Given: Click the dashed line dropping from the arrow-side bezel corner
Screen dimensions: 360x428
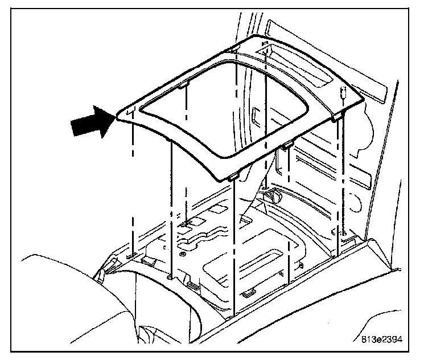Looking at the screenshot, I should (x=132, y=188).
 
